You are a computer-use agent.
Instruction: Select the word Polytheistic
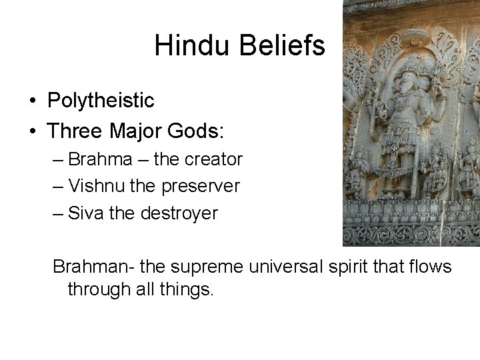point(101,101)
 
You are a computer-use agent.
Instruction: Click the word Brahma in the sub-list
point(99,160)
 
